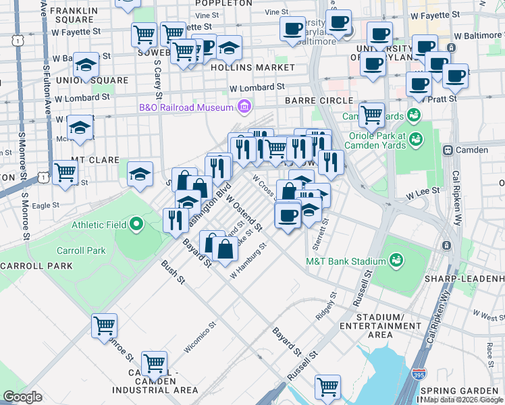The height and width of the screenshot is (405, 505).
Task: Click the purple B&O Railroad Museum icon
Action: [243, 107]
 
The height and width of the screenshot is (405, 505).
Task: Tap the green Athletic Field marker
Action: [136, 223]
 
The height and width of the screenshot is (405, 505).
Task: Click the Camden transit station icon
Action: [447, 149]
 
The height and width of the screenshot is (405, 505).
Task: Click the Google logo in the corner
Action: [22, 397]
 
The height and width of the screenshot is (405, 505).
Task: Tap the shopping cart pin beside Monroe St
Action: [104, 325]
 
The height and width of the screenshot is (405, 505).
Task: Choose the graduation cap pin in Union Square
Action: [86, 65]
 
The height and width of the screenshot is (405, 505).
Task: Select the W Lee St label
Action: [423, 193]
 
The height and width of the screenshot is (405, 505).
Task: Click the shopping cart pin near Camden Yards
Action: [371, 114]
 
